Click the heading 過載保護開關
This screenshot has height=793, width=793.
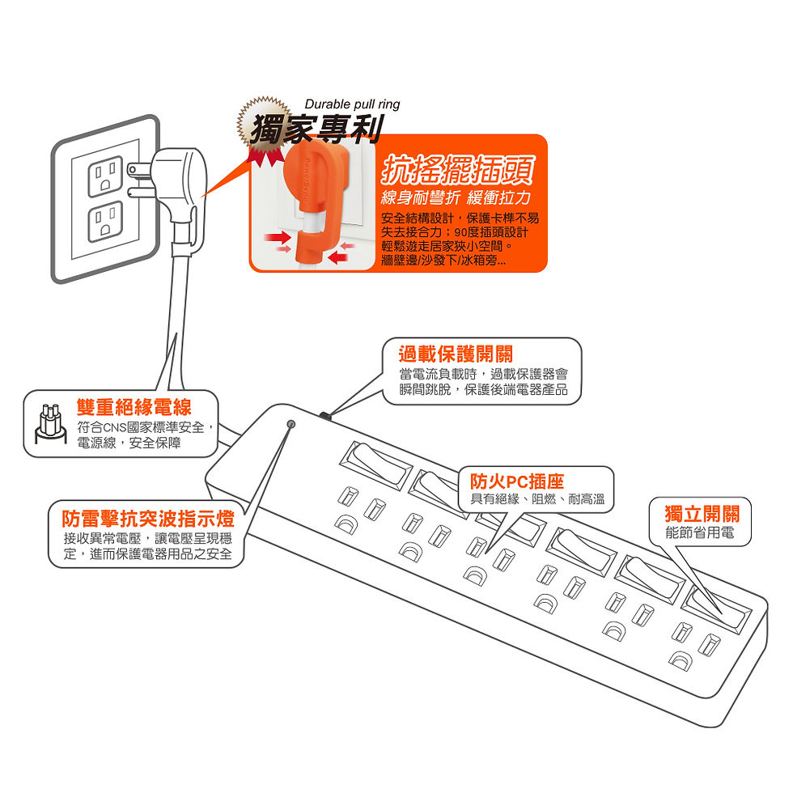(455, 354)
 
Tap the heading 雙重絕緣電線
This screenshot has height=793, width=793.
(134, 406)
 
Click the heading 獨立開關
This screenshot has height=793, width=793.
(702, 514)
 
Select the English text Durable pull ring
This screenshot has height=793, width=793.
(352, 104)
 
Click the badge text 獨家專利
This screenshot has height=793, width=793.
(306, 129)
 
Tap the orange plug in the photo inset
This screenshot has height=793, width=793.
(311, 194)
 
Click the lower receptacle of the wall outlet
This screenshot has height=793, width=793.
(105, 222)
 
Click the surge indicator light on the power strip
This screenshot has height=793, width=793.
(291, 423)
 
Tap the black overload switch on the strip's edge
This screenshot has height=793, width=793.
(326, 416)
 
